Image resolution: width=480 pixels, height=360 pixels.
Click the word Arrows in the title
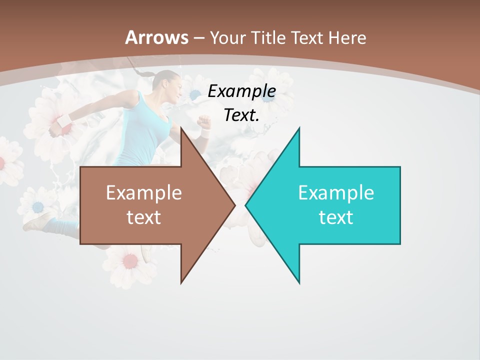[156, 37]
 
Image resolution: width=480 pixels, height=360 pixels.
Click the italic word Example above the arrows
[241, 91]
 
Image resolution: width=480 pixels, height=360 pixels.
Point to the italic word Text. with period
[241, 115]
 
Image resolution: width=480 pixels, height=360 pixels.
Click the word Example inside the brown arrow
[143, 192]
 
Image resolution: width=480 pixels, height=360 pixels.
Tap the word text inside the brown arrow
[143, 217]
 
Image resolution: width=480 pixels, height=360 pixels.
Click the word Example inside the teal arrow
[335, 192]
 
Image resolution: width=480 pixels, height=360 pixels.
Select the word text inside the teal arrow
[335, 217]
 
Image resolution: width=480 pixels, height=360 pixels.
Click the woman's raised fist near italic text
[203, 121]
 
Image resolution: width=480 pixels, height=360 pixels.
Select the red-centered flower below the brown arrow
[130, 260]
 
